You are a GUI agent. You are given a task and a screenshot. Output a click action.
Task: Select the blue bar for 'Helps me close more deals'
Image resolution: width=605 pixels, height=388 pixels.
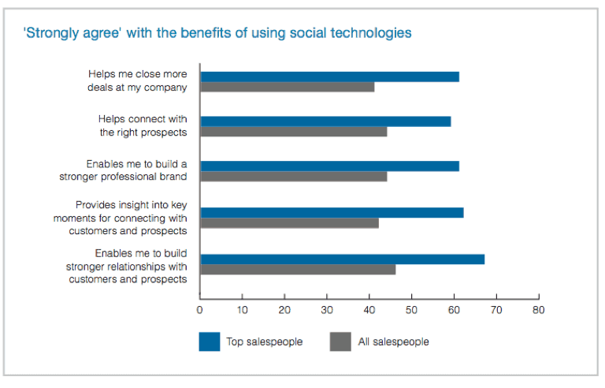[x=329, y=76]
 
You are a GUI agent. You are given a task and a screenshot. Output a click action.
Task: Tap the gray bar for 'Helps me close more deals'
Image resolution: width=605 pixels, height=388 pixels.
[x=287, y=87]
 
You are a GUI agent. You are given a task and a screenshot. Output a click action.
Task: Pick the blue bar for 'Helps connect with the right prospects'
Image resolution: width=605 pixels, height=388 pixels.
[x=325, y=121]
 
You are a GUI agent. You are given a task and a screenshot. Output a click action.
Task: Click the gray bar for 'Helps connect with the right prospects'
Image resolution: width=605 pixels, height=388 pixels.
[x=293, y=132]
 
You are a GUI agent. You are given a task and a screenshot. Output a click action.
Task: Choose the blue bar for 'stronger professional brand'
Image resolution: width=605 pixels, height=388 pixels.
[x=329, y=166]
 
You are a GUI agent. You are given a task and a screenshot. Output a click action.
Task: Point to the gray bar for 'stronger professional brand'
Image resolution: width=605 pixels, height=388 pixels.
[x=293, y=177]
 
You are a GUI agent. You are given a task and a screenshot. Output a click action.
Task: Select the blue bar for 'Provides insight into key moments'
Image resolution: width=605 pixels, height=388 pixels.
[x=332, y=212]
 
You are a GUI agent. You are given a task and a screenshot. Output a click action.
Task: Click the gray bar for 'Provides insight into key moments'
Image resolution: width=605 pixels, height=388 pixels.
[x=289, y=222]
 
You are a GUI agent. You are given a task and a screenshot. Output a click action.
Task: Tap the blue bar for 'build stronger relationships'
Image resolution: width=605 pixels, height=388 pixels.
[x=342, y=259]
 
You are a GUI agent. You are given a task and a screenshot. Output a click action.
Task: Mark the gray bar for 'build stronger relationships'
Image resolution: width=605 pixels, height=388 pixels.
[x=298, y=269]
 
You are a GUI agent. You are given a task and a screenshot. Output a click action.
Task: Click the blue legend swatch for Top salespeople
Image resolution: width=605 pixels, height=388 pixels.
[x=210, y=341]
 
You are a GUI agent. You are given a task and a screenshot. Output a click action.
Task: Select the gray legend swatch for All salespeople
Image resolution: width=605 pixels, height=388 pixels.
[x=340, y=341]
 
